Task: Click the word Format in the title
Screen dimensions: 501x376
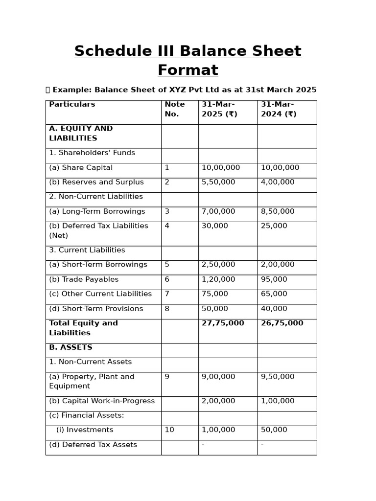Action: pos(188,70)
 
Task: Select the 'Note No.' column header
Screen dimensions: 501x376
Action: pos(175,109)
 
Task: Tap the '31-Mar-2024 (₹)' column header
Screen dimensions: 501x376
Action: pos(279,109)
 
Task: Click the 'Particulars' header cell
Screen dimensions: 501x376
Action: pos(72,104)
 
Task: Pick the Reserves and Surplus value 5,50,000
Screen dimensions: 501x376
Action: pos(218,182)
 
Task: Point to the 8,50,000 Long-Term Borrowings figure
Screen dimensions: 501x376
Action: pos(278,211)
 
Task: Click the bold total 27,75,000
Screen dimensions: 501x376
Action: pos(223,323)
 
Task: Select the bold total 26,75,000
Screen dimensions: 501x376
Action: pos(282,323)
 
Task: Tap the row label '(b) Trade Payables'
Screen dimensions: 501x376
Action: pos(84,279)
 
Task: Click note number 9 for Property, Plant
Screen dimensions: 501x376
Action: pos(167,377)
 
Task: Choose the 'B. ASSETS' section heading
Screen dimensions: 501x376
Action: pos(70,347)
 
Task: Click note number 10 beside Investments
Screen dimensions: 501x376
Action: pos(169,430)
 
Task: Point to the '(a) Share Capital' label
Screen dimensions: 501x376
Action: pos(81,168)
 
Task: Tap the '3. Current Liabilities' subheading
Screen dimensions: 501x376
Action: pos(87,250)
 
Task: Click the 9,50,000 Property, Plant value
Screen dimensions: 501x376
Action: pos(278,377)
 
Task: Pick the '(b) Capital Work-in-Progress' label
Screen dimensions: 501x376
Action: pos(102,401)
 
